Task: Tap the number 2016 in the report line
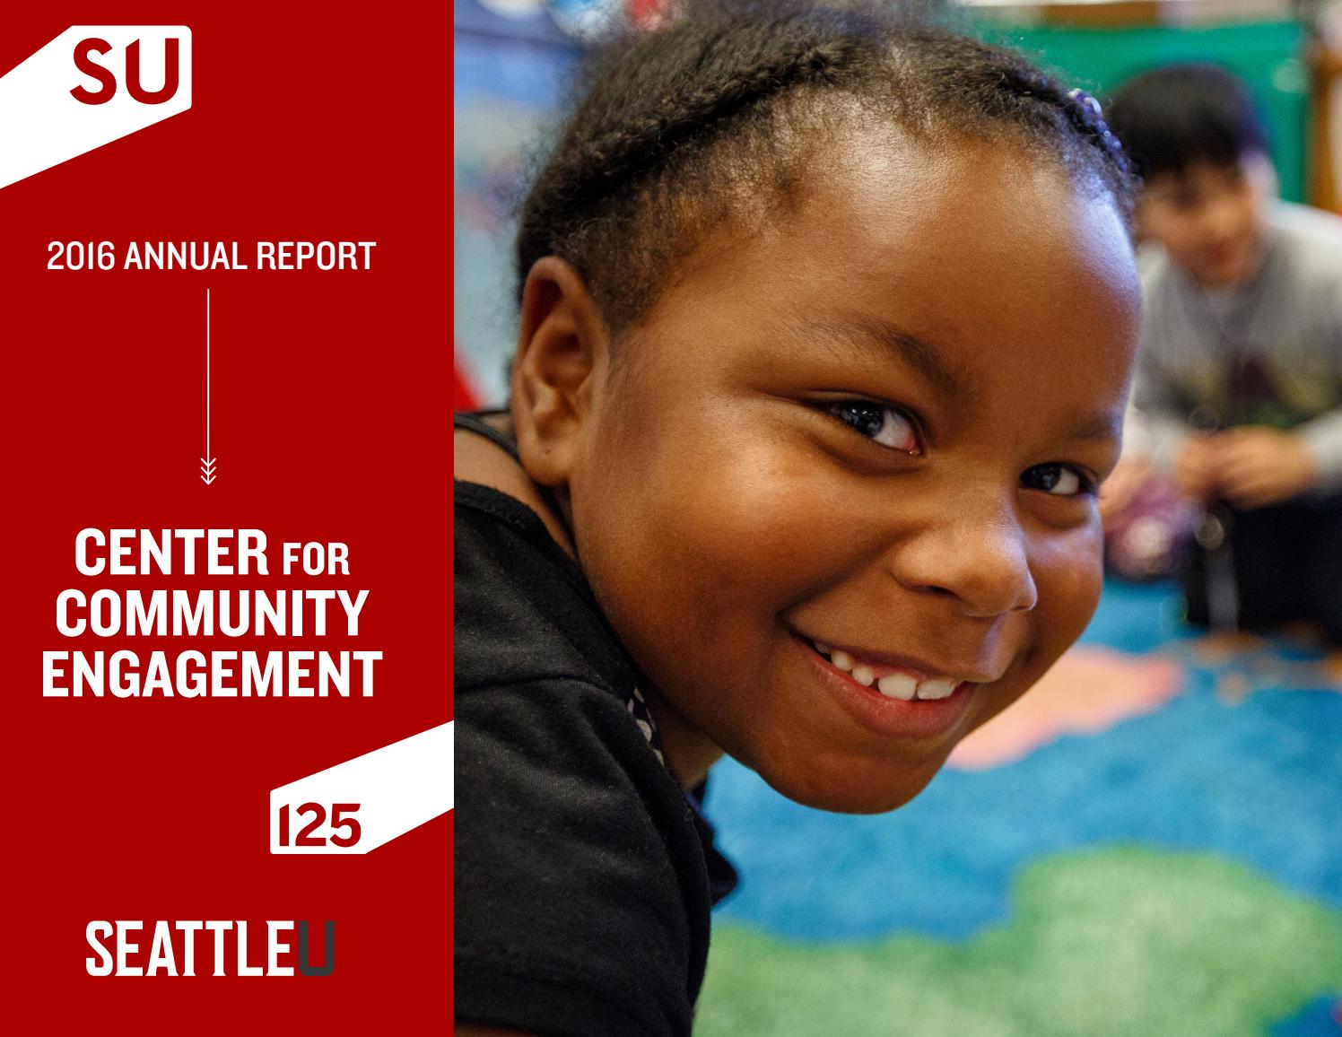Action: [81, 257]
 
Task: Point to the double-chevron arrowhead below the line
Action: [208, 471]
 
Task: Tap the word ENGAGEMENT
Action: [211, 675]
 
